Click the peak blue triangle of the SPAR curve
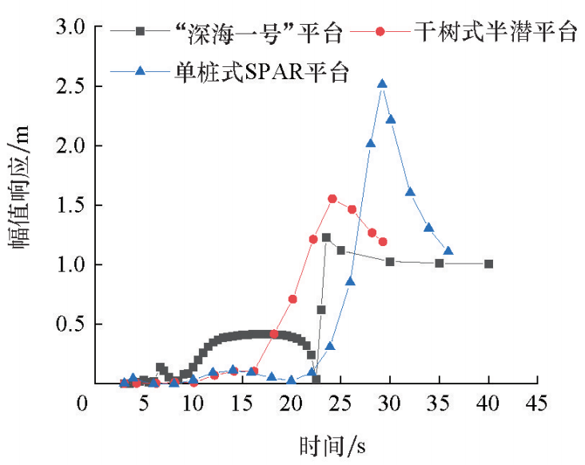tap(382, 83)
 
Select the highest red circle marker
tap(332, 199)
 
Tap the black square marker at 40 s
tap(488, 264)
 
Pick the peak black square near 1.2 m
tap(326, 237)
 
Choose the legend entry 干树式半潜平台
tap(495, 33)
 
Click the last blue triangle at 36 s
tap(448, 251)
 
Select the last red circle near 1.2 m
tap(383, 241)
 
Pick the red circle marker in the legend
tap(380, 31)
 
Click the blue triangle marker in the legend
tap(141, 71)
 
